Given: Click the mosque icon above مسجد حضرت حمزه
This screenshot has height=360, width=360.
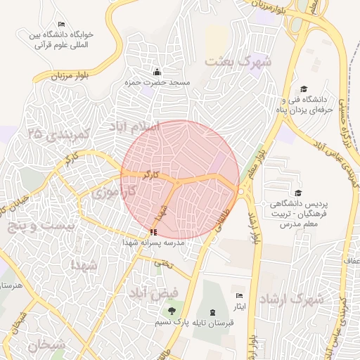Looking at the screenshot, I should click(x=157, y=72).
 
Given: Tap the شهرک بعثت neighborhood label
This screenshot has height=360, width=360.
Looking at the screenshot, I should click(x=237, y=61).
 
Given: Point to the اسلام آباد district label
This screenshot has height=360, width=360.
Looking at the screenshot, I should click(x=134, y=126).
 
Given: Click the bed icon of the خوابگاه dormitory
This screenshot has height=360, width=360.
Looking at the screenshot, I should click(x=62, y=25).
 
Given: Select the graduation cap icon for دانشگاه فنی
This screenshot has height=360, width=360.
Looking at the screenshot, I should click(x=304, y=89).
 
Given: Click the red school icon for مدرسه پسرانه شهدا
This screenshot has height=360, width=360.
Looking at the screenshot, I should click(x=153, y=232).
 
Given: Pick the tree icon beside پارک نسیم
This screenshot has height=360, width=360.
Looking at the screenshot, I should click(x=169, y=311).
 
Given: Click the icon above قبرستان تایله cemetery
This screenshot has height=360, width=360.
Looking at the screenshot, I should click(x=213, y=311).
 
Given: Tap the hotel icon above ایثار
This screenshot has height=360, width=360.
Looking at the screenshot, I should click(x=240, y=296).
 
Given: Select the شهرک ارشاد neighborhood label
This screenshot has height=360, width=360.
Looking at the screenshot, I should click(x=291, y=299).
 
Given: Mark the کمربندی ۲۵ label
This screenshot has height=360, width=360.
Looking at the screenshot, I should click(x=56, y=133).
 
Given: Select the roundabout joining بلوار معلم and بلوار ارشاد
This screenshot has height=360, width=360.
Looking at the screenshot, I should click(x=240, y=191).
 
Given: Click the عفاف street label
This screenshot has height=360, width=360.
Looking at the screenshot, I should click(x=351, y=262).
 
